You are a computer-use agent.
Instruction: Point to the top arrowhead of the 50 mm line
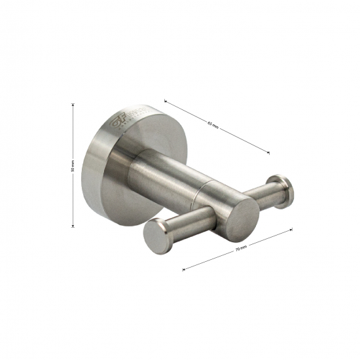pyautogui.click(x=73, y=103)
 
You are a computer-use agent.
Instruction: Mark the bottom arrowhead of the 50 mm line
pyautogui.click(x=73, y=226)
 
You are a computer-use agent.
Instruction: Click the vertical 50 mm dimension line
pyautogui.click(x=73, y=196)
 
